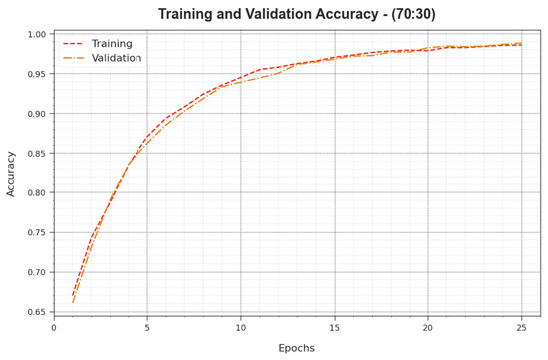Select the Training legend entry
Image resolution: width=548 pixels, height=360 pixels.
coord(111,44)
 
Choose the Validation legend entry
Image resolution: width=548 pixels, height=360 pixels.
coord(117,58)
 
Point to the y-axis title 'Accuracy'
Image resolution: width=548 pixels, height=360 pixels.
coord(12,175)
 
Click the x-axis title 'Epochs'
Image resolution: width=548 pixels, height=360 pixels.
coord(297,348)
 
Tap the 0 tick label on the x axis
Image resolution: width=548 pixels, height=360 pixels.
coord(54,327)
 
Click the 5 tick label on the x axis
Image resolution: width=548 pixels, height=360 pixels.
coord(147,327)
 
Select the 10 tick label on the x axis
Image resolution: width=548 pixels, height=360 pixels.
coord(241,327)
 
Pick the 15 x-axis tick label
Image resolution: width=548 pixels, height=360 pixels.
coord(335,327)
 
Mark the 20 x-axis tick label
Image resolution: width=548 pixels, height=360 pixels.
coord(428,327)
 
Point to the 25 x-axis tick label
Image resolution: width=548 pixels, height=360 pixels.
coord(522,327)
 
